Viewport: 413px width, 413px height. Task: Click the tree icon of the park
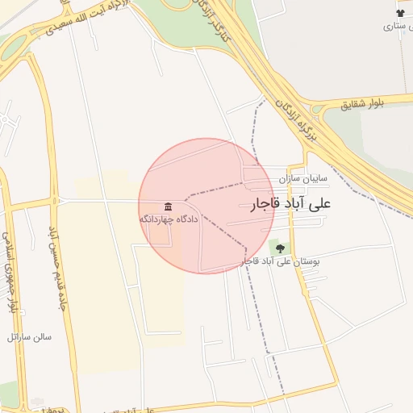(x=280, y=248)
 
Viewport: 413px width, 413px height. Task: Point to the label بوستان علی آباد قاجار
(x=282, y=262)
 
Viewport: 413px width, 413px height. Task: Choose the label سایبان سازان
(x=303, y=177)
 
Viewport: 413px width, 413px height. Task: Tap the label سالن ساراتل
(x=29, y=336)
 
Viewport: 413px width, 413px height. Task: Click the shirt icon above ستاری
(x=400, y=13)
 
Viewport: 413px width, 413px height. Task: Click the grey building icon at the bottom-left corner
(x=37, y=401)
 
